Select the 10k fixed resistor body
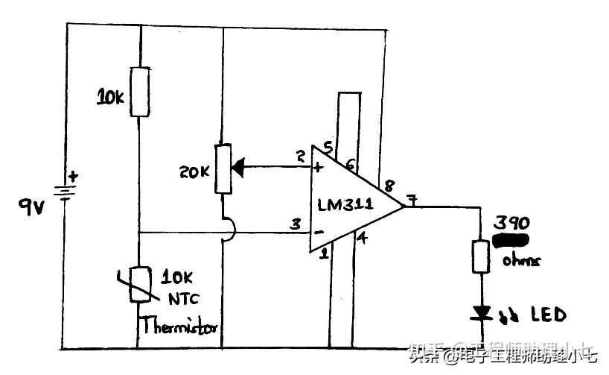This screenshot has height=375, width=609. tap(139, 91)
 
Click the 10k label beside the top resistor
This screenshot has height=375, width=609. tap(111, 96)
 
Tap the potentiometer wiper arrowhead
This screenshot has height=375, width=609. tap(240, 168)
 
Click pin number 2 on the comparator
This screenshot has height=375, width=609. tap(300, 157)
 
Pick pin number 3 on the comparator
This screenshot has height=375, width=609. tap(296, 223)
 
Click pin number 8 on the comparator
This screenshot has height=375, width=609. tap(389, 184)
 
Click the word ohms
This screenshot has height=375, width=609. tap(518, 260)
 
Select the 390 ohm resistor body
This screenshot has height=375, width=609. tap(481, 255)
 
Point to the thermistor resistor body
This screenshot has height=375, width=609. tap(139, 284)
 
